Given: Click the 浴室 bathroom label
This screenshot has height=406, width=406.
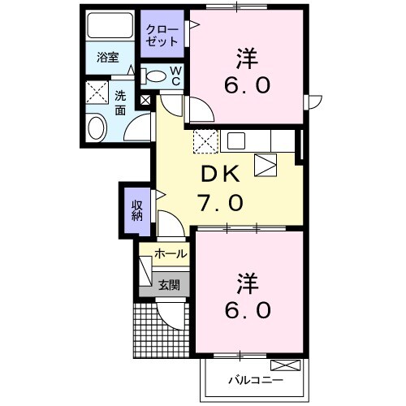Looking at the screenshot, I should [x=108, y=58].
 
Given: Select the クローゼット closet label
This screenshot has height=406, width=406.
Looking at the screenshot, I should [x=161, y=35].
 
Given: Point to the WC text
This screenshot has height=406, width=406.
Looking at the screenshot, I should [x=175, y=76].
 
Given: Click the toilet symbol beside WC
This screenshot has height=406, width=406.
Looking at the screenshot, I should [x=153, y=76].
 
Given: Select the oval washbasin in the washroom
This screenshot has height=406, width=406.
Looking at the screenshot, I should [x=97, y=127].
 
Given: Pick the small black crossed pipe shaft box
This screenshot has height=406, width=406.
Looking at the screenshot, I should [x=145, y=101].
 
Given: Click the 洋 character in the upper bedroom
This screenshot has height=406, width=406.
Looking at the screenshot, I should [x=248, y=58].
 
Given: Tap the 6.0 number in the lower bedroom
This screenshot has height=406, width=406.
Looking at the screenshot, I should [x=248, y=309].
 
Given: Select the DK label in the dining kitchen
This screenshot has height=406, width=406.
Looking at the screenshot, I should [x=219, y=175].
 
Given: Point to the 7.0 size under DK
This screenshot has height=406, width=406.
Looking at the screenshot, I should [x=219, y=202].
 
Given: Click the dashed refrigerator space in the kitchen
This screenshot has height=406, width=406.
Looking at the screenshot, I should [x=205, y=140].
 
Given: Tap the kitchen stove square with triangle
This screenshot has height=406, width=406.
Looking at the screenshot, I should [x=266, y=165].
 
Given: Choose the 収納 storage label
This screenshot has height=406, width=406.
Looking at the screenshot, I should [x=137, y=209].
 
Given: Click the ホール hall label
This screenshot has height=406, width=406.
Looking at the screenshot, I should [x=171, y=254].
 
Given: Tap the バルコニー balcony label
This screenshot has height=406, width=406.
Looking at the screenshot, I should [x=249, y=378].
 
